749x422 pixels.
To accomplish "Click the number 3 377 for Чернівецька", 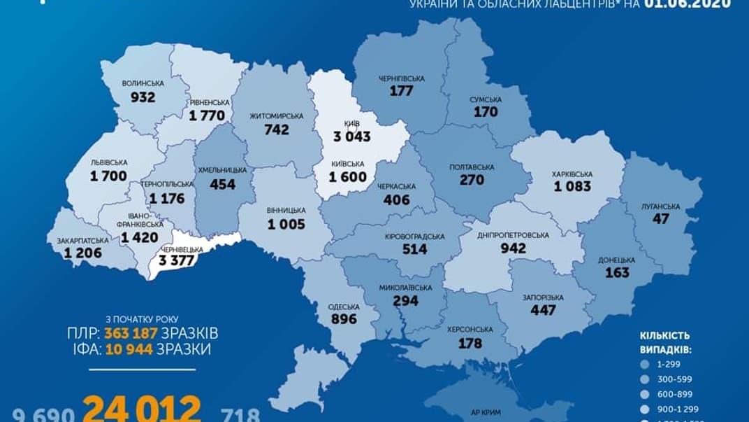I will click(177, 262).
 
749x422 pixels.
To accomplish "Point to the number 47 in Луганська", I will click(660, 219).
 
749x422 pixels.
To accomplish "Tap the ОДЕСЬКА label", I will click(343, 307).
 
